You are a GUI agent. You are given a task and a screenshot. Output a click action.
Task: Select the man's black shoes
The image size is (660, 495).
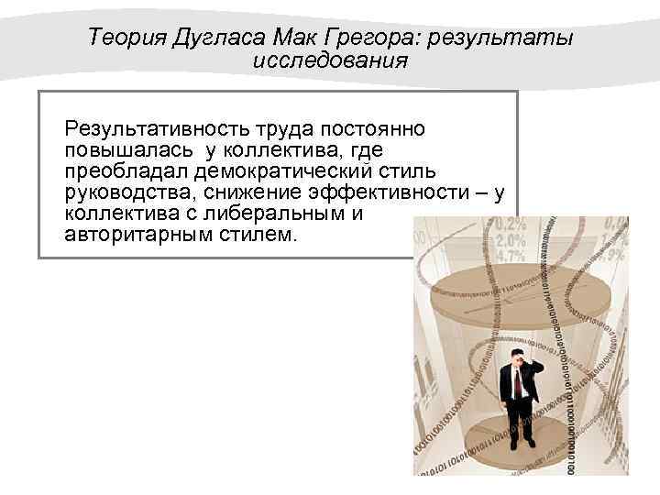pyautogui.click(x=521, y=444)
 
